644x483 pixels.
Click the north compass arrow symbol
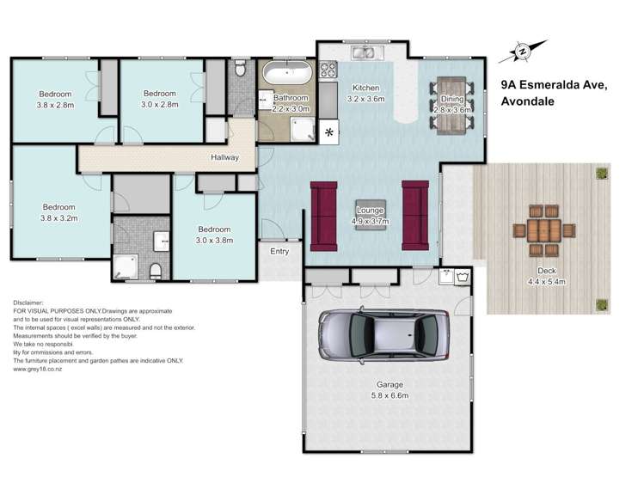click(x=523, y=52)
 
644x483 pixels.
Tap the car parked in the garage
click(x=384, y=335)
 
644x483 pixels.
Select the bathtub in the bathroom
click(x=287, y=72)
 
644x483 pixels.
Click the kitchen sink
click(x=363, y=52)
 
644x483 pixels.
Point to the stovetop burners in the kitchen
click(x=328, y=69)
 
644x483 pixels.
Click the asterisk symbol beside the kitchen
click(x=329, y=132)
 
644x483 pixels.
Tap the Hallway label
click(x=224, y=157)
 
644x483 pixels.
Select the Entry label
click(x=279, y=251)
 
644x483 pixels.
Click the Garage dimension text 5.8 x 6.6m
click(x=389, y=395)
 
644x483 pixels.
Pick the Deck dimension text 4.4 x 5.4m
click(x=546, y=282)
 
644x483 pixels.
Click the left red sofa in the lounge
click(x=323, y=216)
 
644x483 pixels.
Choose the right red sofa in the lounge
click(x=415, y=216)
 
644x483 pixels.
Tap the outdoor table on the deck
click(x=543, y=230)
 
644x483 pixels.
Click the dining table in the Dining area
click(x=451, y=106)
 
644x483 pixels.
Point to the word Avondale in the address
click(x=527, y=101)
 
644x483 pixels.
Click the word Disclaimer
click(x=28, y=303)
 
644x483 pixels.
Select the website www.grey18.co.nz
click(x=37, y=369)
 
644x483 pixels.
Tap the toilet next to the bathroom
click(x=240, y=68)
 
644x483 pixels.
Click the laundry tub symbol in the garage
click(x=463, y=276)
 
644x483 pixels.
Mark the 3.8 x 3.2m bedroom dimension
click(x=59, y=218)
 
